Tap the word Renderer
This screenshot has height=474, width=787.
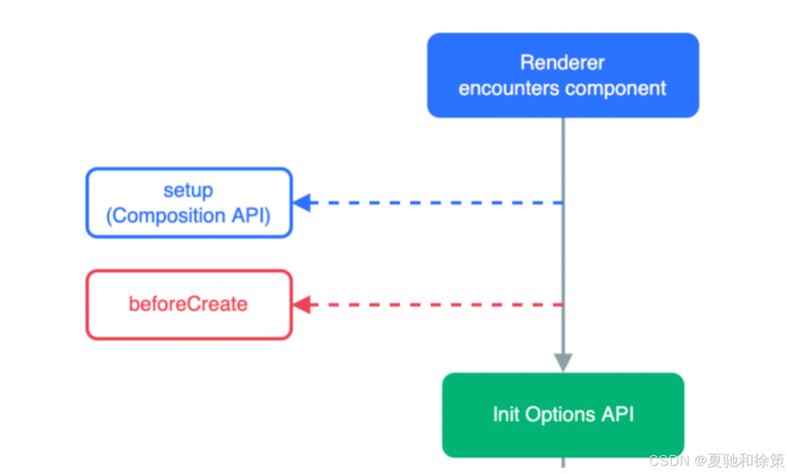click(562, 63)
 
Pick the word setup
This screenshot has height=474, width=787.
click(189, 190)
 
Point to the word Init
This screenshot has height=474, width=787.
click(506, 414)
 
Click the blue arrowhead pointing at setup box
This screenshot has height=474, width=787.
click(302, 203)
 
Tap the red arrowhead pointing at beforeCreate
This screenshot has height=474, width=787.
click(302, 304)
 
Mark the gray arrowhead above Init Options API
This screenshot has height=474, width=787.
click(563, 362)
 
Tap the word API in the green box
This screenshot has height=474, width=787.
click(617, 414)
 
